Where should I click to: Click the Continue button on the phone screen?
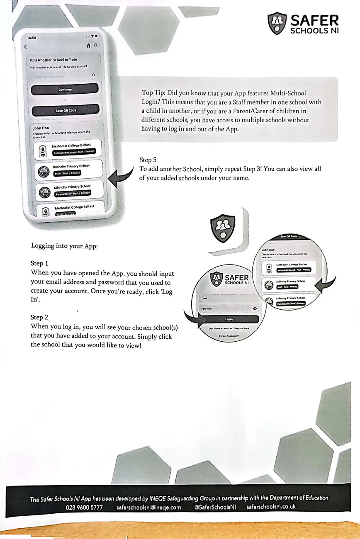(x=65, y=89)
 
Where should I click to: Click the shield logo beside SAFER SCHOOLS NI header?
(x=277, y=23)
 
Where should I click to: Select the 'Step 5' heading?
(x=148, y=160)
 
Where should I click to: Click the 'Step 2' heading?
(x=40, y=317)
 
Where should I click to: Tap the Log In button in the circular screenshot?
(x=229, y=319)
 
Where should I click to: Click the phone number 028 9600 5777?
(x=85, y=507)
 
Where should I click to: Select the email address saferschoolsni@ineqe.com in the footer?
(x=149, y=507)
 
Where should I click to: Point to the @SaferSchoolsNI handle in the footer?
(x=215, y=507)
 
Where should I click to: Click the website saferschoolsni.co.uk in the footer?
(x=271, y=506)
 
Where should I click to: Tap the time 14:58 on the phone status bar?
(x=32, y=38)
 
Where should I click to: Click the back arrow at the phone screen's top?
(x=26, y=46)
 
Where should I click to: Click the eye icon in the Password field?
(x=254, y=309)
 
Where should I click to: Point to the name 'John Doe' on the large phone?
(x=41, y=128)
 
